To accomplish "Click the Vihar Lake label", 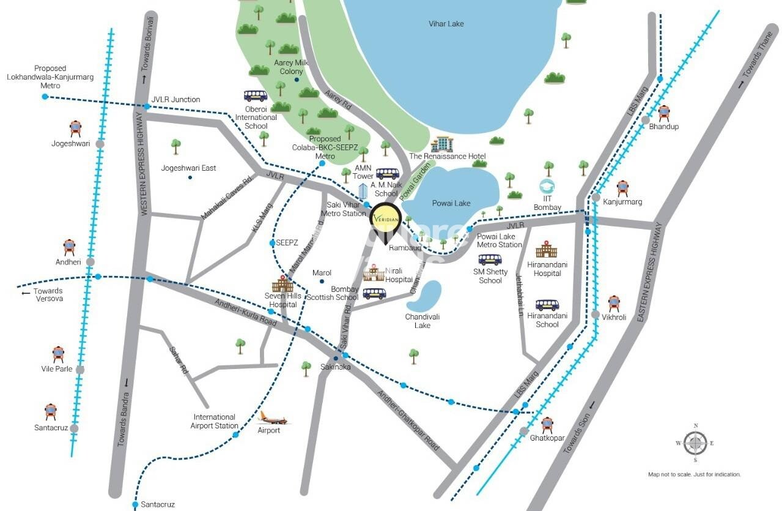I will click(x=446, y=24).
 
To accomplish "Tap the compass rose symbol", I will click(x=695, y=442).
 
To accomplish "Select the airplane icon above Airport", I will click(x=269, y=418).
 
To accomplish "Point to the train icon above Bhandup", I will click(x=663, y=113).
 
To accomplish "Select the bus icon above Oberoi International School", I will click(x=256, y=96).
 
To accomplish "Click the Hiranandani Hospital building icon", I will click(x=547, y=249).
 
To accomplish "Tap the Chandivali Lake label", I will click(x=422, y=321).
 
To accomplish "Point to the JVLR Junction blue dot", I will click(x=147, y=106).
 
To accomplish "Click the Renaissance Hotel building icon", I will click(x=441, y=144).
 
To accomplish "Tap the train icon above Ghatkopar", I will click(x=547, y=425).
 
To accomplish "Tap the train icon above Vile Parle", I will click(x=58, y=354).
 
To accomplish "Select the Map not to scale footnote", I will click(x=694, y=474).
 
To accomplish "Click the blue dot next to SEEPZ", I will click(x=273, y=243).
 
